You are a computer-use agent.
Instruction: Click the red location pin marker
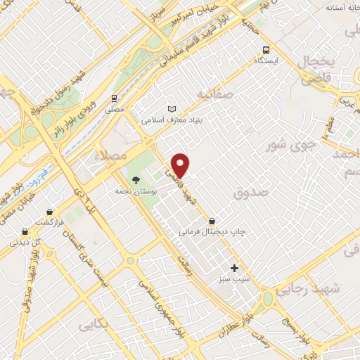click(x=181, y=165)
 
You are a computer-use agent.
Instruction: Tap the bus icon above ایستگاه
click(x=266, y=50)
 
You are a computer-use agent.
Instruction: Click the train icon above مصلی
click(x=114, y=99)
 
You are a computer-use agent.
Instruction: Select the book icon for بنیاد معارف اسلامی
click(x=172, y=109)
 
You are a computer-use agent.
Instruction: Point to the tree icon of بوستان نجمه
click(x=136, y=179)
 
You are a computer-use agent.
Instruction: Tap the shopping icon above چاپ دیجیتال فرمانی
click(x=212, y=221)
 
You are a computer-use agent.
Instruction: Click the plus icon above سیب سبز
click(x=235, y=268)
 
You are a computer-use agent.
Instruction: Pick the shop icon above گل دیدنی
click(x=25, y=231)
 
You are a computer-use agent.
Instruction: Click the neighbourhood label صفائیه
click(x=214, y=94)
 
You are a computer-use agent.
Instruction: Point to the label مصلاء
click(x=111, y=155)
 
